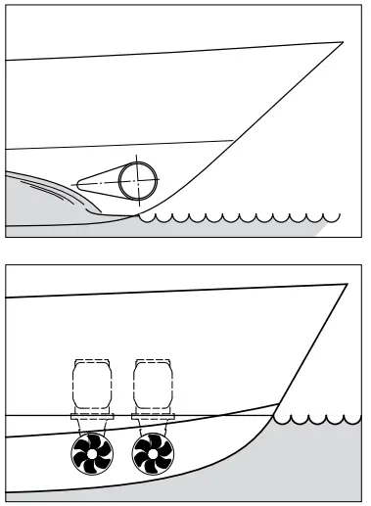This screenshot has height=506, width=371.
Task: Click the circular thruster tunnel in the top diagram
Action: coord(139,180)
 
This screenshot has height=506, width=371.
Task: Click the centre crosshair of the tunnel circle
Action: coord(139,180)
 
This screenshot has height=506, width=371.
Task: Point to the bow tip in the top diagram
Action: coord(343,42)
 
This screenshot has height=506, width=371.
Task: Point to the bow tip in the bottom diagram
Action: coord(347,284)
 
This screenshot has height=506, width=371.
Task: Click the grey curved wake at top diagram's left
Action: coord(39,201)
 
